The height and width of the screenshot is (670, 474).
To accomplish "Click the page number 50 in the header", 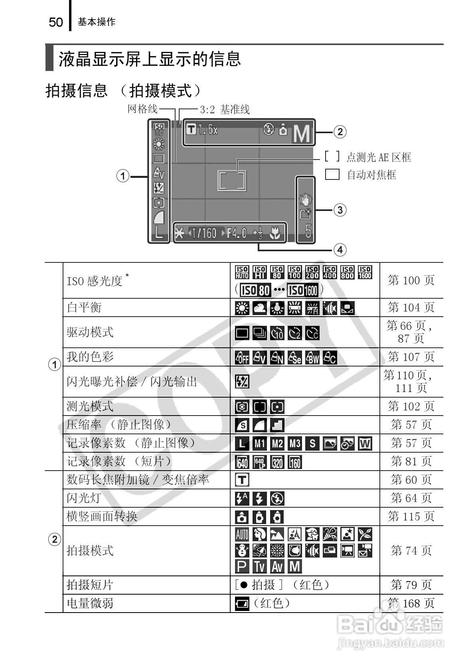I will [56, 22].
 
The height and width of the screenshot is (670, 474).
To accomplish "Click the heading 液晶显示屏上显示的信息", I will [150, 59].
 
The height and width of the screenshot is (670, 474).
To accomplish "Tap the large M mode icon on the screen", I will [302, 134].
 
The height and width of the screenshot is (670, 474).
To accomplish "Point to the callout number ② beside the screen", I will [340, 132].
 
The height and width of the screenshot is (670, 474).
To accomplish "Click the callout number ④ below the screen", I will [340, 250].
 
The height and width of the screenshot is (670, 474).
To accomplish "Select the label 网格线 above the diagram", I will [142, 109].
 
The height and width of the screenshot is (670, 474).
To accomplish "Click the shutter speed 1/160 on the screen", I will [204, 233].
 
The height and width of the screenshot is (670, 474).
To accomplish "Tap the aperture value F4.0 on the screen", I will [237, 233].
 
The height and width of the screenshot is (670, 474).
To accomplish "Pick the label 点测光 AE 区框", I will [379, 158].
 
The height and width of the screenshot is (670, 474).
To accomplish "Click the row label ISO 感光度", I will [94, 281].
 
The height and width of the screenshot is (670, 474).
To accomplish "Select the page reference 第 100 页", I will [411, 280].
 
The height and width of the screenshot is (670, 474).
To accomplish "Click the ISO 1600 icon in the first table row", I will [365, 273].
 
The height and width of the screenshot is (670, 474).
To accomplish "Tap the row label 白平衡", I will [84, 307].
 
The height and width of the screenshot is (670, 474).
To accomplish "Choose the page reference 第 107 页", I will [411, 357].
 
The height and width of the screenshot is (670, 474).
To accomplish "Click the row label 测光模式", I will [90, 406].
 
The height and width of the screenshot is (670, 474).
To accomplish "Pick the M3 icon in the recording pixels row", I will [295, 443].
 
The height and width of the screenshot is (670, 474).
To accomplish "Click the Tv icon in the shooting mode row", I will [260, 566].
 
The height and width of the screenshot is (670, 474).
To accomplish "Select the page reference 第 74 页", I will [411, 551].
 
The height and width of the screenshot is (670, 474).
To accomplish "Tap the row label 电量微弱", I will [90, 603].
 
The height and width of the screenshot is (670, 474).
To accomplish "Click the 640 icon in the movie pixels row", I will [242, 462].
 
